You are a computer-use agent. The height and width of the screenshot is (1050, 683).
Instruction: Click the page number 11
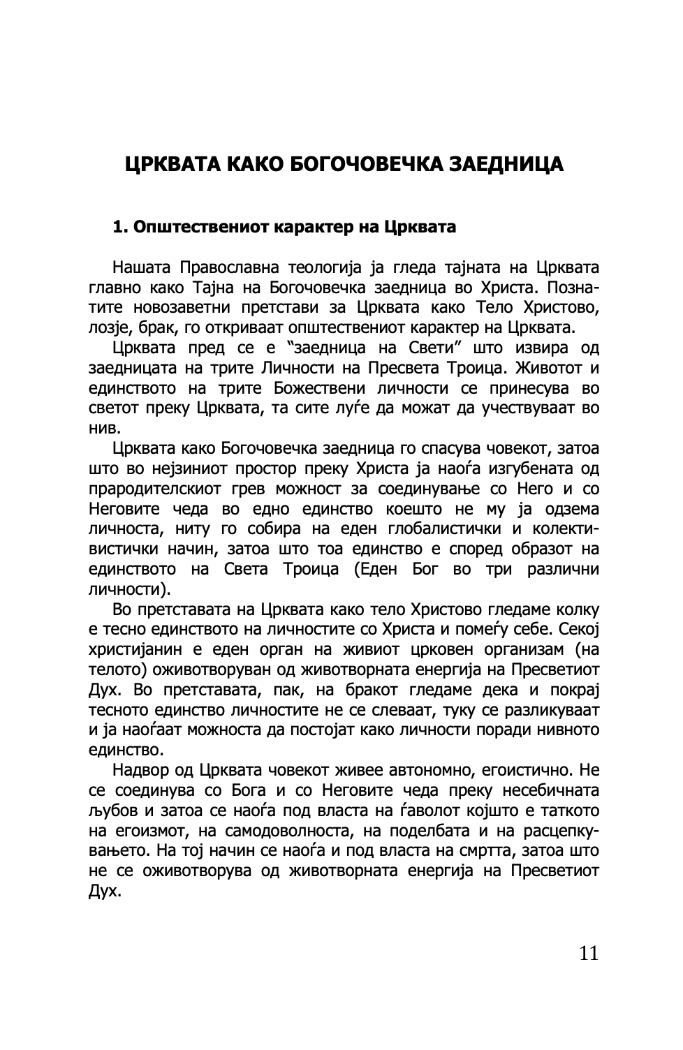[588, 952]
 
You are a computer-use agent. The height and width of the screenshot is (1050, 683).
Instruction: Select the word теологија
[326, 267]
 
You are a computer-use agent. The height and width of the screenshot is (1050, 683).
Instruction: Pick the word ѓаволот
[418, 811]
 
